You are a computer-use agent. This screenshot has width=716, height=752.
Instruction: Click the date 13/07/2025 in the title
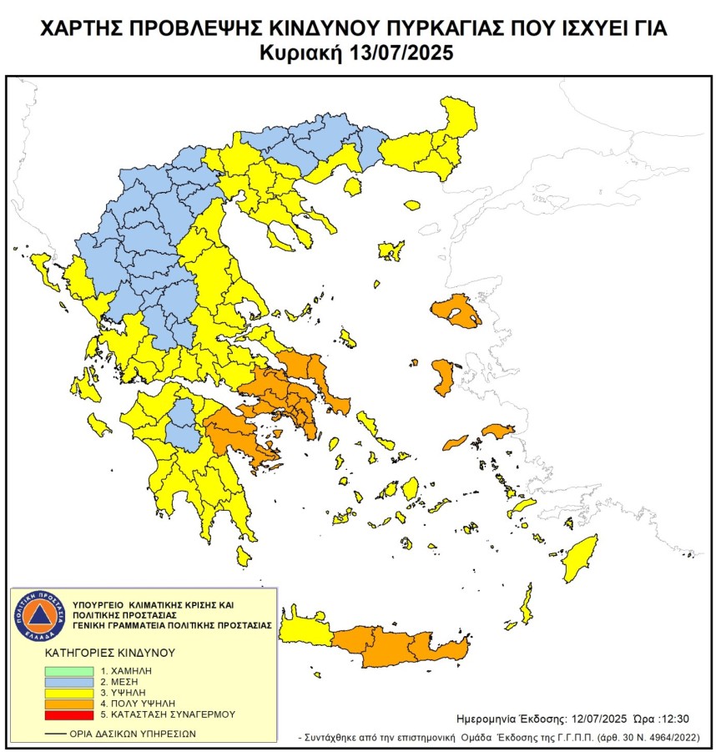tap(404, 53)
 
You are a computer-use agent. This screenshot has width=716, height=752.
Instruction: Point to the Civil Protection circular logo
tap(38, 619)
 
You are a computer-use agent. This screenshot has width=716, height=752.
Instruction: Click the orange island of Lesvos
tap(455, 310)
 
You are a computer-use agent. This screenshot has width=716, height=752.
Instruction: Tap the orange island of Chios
tap(442, 377)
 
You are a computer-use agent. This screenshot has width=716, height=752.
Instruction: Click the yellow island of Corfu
tap(39, 267)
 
